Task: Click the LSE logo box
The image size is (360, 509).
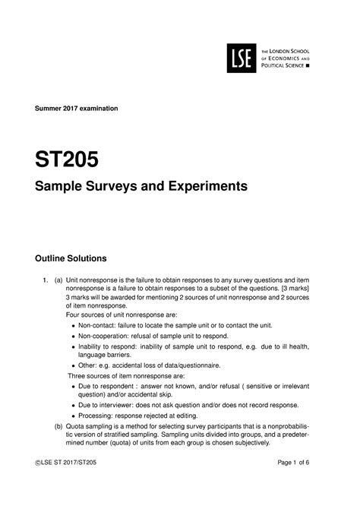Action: [x=242, y=56]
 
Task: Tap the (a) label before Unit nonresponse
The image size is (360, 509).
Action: [x=58, y=279]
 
